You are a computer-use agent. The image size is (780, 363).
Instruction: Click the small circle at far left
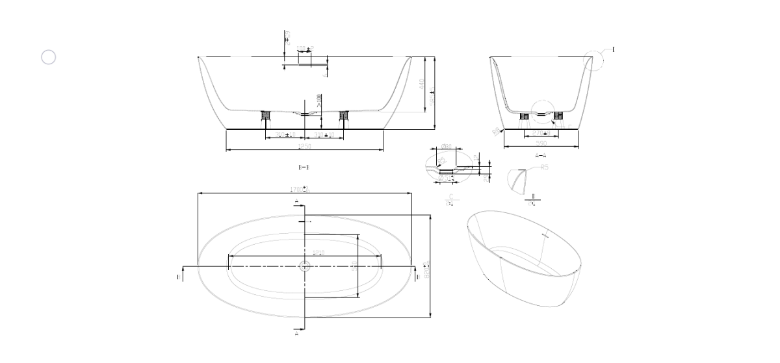[49, 57]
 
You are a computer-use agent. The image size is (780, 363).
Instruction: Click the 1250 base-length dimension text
[304, 147]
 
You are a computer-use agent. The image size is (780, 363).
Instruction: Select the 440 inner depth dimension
[422, 84]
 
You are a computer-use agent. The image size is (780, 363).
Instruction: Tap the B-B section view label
[304, 168]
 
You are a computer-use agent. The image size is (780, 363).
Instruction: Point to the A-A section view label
[541, 155]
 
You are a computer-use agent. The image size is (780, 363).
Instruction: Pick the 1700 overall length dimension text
[300, 190]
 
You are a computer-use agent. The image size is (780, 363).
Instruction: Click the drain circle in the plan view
[304, 266]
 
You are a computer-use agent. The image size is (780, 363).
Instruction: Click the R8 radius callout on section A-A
[497, 132]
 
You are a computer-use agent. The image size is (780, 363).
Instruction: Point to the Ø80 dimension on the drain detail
[447, 147]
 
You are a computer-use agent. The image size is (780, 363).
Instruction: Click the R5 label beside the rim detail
[545, 168]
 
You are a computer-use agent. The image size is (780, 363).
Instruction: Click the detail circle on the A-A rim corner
[593, 60]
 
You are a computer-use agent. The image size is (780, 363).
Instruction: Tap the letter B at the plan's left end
[178, 277]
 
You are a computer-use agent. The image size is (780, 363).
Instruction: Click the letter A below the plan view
[296, 332]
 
